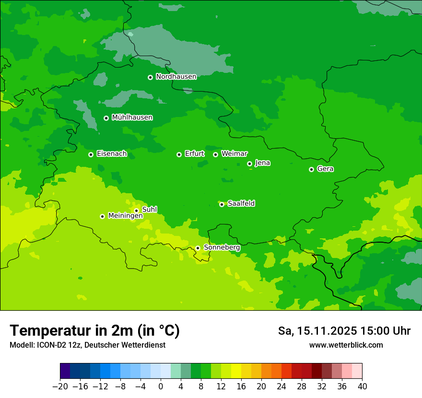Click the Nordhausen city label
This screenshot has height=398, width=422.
(176, 77)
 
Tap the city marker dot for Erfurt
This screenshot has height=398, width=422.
(179, 154)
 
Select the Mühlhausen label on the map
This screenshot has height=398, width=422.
(132, 117)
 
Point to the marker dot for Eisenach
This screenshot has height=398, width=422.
(91, 154)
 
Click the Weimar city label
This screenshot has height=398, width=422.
(234, 154)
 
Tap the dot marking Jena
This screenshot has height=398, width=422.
(249, 164)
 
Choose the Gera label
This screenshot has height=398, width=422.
(325, 169)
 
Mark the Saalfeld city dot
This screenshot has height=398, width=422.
(222, 204)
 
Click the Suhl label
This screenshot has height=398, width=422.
(149, 210)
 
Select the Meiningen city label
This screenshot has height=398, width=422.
(125, 216)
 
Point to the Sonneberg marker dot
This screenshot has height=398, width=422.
(198, 248)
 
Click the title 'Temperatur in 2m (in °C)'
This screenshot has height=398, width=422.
(94, 331)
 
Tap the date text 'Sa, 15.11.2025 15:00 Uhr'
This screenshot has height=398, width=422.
(344, 331)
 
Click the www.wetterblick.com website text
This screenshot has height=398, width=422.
(346, 345)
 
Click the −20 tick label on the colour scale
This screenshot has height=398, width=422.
(60, 386)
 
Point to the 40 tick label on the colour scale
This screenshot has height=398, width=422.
(362, 386)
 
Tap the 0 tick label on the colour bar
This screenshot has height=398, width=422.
(161, 386)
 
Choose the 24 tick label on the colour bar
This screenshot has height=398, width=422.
(281, 386)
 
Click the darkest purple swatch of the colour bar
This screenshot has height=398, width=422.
(65, 371)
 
